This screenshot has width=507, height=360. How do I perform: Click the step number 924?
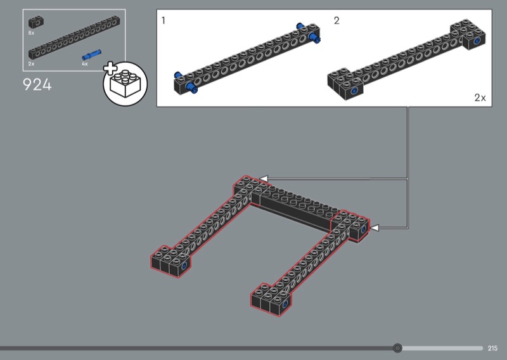[x=37, y=85]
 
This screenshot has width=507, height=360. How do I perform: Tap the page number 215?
[x=492, y=348]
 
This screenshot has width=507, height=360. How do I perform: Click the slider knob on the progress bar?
[x=397, y=348]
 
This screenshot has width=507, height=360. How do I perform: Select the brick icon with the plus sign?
[x=125, y=84]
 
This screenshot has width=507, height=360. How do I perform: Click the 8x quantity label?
[x=31, y=33]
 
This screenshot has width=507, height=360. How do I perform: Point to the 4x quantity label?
[x=85, y=64]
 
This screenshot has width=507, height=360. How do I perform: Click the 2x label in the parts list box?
[x=31, y=64]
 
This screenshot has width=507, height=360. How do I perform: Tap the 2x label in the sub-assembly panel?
[x=480, y=98]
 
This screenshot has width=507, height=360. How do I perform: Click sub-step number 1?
[x=164, y=21]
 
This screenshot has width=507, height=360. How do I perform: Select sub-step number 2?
[x=337, y=21]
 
